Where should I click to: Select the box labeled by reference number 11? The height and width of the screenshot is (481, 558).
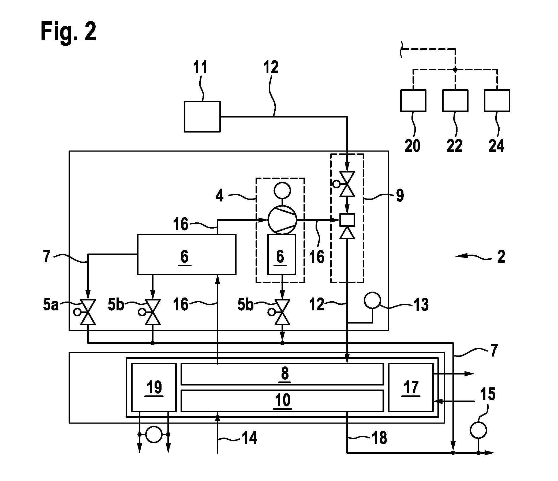[x=202, y=116]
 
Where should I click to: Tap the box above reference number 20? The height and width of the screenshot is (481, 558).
[x=413, y=100]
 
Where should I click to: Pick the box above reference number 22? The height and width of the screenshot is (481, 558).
[x=455, y=100]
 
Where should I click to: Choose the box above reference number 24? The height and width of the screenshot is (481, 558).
[x=497, y=100]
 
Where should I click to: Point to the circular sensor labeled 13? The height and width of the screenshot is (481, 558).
[x=372, y=301]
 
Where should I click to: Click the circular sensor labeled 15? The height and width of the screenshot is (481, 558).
[x=478, y=430]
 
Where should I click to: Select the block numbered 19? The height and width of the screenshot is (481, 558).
[x=154, y=387]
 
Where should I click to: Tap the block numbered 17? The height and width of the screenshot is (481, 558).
[x=411, y=387]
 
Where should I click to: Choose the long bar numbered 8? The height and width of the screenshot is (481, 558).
[x=282, y=374]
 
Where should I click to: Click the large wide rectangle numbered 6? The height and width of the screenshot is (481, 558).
[x=187, y=255]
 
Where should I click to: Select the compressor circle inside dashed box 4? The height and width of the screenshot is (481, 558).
[x=282, y=220]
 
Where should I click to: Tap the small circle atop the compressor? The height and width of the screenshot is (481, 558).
[x=282, y=191]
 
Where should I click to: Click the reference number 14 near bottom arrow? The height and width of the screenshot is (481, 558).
[x=249, y=438]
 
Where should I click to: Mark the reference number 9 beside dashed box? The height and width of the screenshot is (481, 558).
[x=400, y=196]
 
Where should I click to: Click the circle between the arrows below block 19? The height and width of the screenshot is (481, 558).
[x=154, y=434]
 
